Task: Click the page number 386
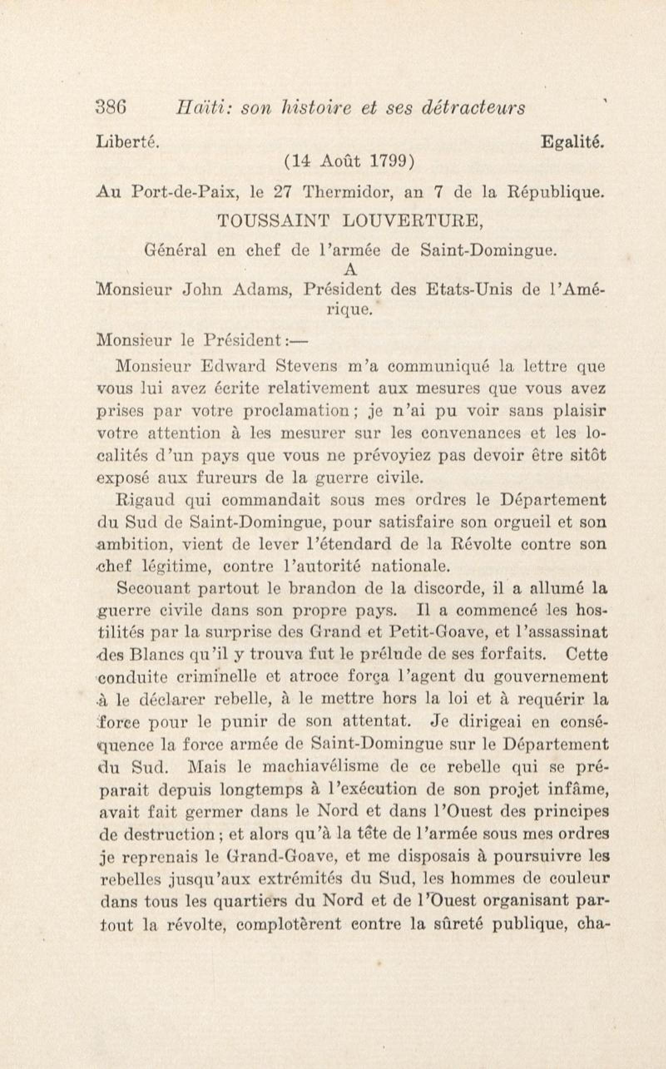click(111, 107)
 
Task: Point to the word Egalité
click(572, 142)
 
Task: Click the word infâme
click(578, 789)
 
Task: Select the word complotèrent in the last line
click(289, 922)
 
